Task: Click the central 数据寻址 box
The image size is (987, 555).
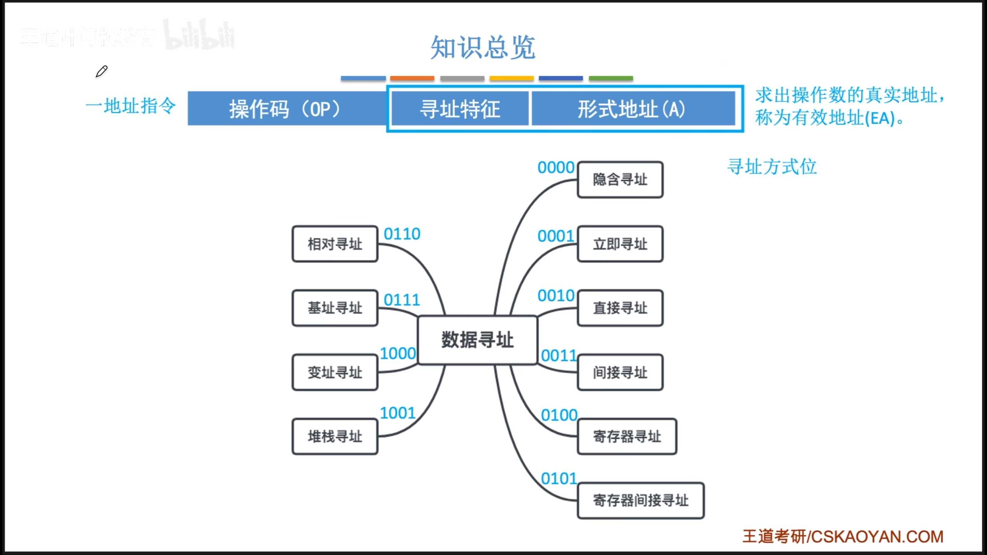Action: [x=477, y=340]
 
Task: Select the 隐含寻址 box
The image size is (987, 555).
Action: [x=620, y=180]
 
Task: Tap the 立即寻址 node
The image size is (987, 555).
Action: [x=620, y=244]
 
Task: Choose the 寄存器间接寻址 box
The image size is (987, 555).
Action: [x=640, y=500]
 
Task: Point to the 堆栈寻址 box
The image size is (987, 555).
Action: [x=335, y=436]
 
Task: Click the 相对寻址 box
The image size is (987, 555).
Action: [x=335, y=244]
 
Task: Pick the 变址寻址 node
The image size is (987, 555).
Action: [x=335, y=372]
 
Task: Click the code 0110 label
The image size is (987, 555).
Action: [x=402, y=234]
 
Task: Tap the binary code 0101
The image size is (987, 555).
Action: [x=559, y=479]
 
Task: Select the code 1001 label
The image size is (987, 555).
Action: [x=397, y=413]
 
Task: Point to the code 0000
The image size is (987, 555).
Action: [x=556, y=168]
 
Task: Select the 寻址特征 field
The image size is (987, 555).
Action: [x=460, y=109]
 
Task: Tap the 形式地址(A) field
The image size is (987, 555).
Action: [x=632, y=109]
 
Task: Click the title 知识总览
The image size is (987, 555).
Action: [x=483, y=47]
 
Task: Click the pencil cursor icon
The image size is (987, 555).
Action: [x=101, y=72]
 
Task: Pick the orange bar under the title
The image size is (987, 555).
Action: [x=412, y=78]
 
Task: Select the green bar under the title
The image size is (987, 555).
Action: [x=611, y=78]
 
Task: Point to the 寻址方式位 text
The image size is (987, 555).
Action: [x=772, y=167]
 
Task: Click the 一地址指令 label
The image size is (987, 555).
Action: [x=131, y=106]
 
